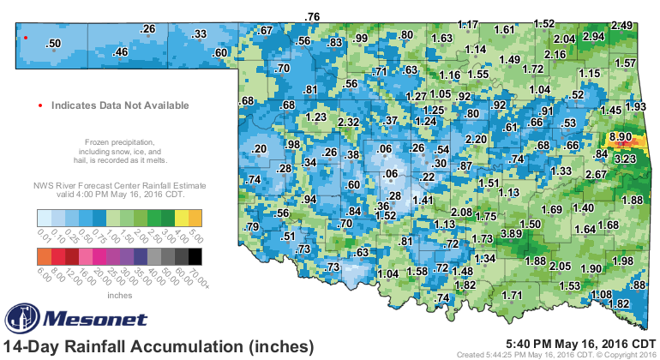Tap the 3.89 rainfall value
(512, 234)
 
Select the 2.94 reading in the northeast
(593, 37)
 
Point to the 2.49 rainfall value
(622, 25)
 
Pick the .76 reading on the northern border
(313, 16)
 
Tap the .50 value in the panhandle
(53, 43)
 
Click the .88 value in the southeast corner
(638, 285)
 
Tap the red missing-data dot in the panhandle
(26, 38)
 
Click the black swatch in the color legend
(195, 255)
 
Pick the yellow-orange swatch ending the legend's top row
(195, 216)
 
